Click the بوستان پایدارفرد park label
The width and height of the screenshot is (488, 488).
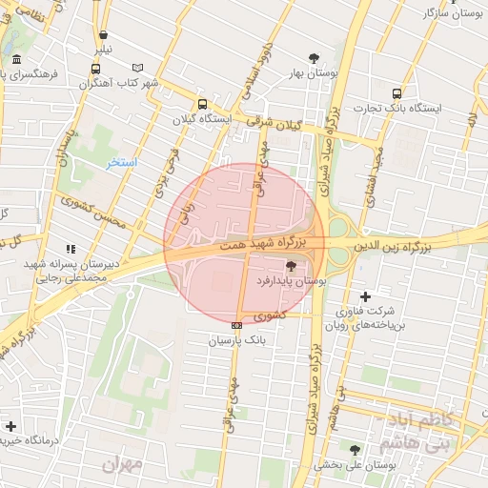coord(291,282)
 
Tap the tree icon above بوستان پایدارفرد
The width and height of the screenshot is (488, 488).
coord(291,266)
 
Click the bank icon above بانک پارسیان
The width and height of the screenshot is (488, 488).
coord(236,325)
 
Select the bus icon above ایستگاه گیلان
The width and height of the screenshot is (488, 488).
coord(202,105)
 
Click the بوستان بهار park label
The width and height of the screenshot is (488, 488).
coord(306,73)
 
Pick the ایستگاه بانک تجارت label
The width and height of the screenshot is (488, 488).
coord(398,108)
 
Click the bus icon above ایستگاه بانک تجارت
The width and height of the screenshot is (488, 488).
coord(396,93)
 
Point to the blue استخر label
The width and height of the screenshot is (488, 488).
coord(122,163)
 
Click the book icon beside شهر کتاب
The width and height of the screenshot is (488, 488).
coord(139,68)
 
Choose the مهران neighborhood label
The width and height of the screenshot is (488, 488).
coord(124,464)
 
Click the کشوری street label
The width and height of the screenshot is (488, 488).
coord(270,315)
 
